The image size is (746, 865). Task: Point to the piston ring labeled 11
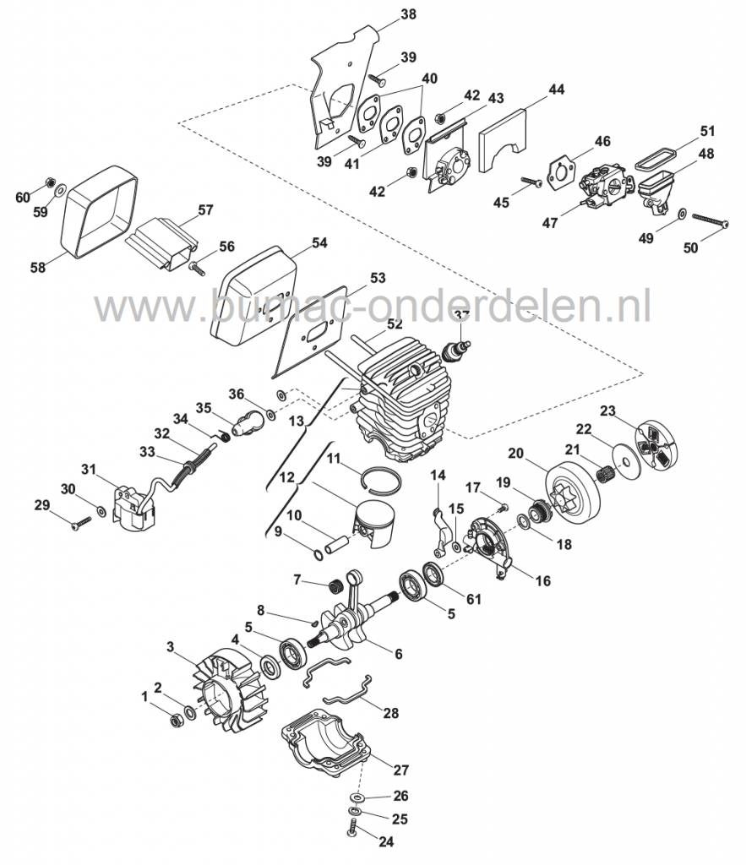(x=378, y=479)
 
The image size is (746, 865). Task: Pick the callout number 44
(x=556, y=89)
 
